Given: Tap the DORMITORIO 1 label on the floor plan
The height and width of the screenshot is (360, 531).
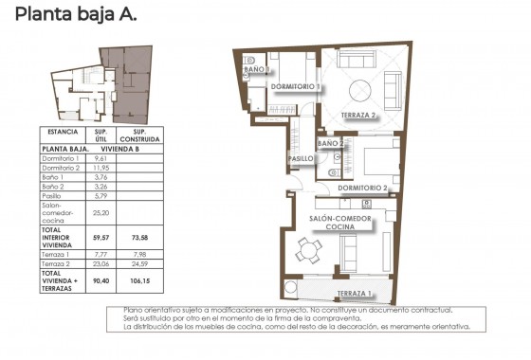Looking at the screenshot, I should tap(297, 87).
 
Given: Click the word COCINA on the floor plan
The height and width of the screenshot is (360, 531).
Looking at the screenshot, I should tap(340, 228).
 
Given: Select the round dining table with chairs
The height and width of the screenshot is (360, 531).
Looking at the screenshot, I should tap(307, 251).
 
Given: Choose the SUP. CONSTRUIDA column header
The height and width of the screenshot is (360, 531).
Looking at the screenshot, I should tap(137, 135).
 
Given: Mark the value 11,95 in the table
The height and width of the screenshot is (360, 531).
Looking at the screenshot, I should tap(101, 167).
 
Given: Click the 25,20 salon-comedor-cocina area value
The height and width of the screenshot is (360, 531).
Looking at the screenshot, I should tap(101, 213).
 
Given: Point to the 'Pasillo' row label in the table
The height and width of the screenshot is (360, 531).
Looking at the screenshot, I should tap(53, 195).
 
